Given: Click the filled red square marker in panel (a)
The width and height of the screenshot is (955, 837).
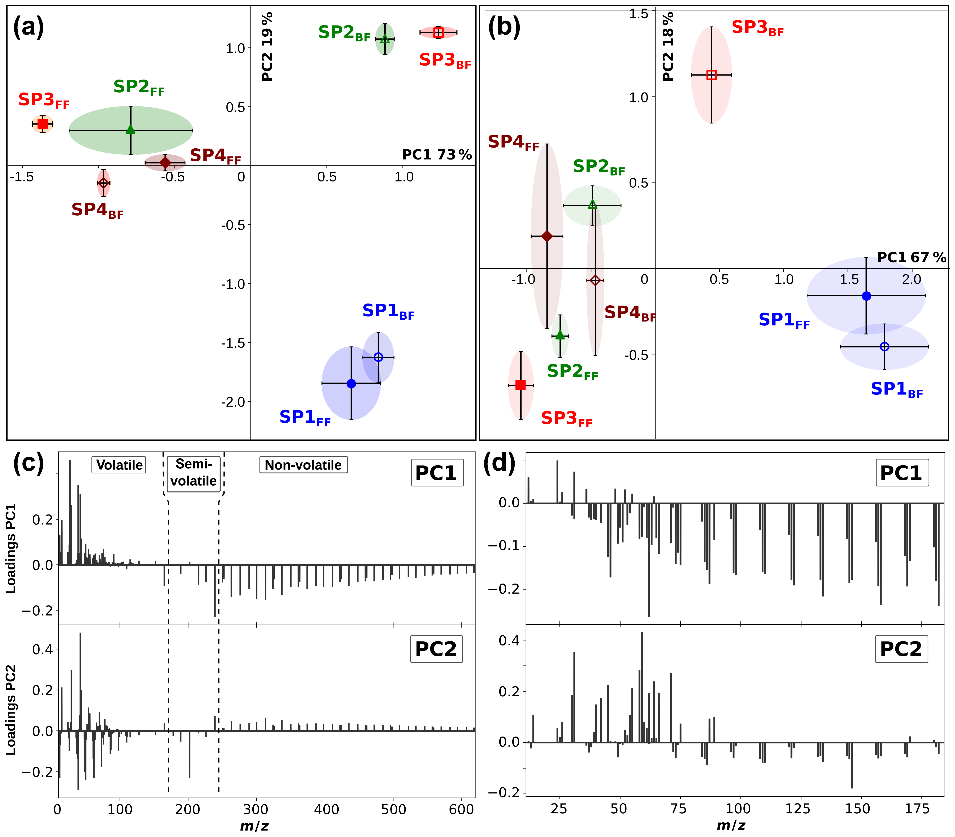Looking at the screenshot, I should pyautogui.click(x=42, y=124).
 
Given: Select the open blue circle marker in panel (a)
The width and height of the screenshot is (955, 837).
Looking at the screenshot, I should pyautogui.click(x=378, y=357).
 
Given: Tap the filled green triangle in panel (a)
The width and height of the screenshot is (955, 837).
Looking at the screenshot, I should pyautogui.click(x=131, y=129).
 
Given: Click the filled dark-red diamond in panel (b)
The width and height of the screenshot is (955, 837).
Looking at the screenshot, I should pyautogui.click(x=547, y=236).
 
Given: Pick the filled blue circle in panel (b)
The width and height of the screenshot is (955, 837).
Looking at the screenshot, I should pyautogui.click(x=866, y=296).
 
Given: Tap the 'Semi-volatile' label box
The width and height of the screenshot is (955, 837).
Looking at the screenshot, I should pyautogui.click(x=193, y=473).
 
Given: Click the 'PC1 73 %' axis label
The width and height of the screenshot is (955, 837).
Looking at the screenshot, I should pyautogui.click(x=437, y=155).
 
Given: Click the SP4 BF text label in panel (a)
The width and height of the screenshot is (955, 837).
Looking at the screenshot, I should pyautogui.click(x=97, y=210).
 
